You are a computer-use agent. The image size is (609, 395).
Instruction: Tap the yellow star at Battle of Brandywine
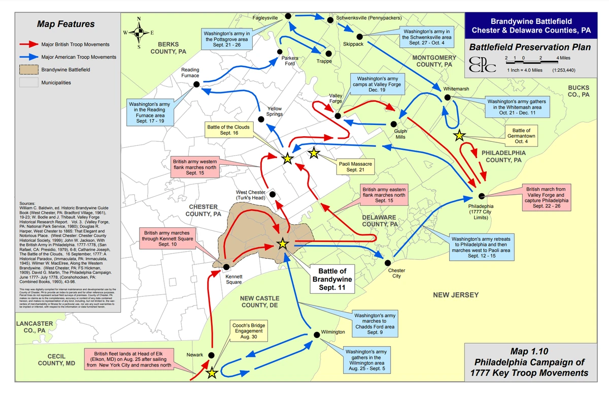click(x=283, y=245)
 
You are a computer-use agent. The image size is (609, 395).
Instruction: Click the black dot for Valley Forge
click(x=337, y=116)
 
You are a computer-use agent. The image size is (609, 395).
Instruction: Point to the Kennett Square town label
click(x=234, y=279)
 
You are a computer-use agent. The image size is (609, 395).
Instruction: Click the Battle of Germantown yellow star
click(x=459, y=135)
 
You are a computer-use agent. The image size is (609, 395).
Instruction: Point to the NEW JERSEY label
click(x=456, y=295)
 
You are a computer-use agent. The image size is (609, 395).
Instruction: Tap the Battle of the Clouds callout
click(x=228, y=130)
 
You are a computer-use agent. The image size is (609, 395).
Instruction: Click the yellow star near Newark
click(x=212, y=374)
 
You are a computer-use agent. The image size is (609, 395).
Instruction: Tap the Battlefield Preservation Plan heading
click(x=530, y=48)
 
